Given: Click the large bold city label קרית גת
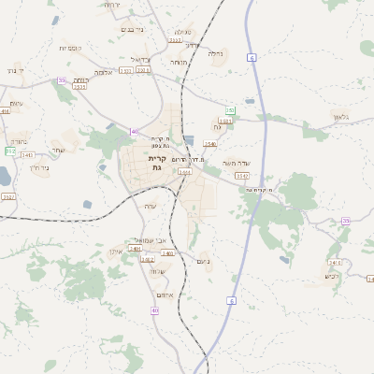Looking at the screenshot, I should point(156,163).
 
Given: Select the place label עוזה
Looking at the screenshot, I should point(150,206).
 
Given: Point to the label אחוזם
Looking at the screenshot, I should point(165,294).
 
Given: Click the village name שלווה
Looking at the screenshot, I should point(158,270).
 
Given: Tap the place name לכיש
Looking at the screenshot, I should point(331,276).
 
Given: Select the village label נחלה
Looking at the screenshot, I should point(215,54).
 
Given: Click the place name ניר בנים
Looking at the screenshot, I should point(132,30).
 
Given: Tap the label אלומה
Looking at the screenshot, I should point(104,72).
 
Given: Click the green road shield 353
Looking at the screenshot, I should point(229,111).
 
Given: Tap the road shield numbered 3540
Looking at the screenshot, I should point(210,144).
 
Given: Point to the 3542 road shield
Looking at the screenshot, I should point(242,175).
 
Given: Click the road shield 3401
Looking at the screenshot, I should point(135,249).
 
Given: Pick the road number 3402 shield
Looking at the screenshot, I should point(147,259).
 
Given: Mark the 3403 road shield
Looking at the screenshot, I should point(167,253).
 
